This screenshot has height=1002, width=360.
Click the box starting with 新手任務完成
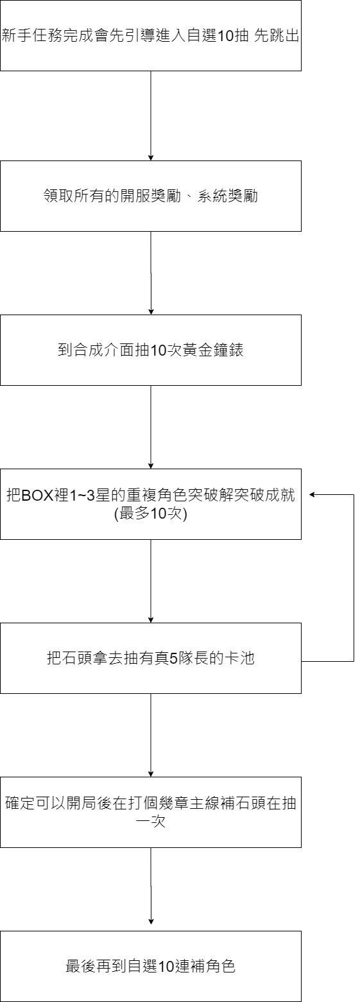point(151,35)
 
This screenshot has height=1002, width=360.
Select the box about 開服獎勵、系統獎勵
point(151,196)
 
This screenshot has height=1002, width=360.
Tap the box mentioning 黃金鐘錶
point(151,350)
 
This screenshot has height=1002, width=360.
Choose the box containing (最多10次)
point(151,504)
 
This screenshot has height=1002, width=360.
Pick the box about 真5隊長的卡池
point(151,659)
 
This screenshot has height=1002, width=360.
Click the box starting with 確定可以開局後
point(151,813)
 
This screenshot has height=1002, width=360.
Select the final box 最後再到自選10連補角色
point(151,966)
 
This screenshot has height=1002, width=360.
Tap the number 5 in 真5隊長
point(173,659)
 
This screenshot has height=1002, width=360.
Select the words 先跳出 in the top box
point(277,35)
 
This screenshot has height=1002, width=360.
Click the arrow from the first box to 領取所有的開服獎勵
point(151,116)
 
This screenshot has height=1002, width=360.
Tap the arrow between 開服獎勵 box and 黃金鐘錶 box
point(151,273)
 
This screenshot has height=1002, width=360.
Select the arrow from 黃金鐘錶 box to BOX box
point(151,428)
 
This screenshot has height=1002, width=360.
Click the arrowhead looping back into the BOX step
point(313,495)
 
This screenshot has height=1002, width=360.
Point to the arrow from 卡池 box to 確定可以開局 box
point(151,736)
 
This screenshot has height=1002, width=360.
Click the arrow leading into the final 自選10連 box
point(151,889)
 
